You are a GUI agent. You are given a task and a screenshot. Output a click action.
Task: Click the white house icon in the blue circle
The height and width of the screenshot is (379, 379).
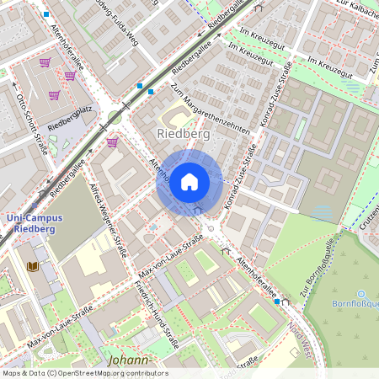[x=189, y=181]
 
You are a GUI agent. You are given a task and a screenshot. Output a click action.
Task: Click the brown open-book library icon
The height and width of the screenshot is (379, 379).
[x=33, y=266]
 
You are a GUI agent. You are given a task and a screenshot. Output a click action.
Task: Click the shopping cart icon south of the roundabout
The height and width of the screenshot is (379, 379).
[x=112, y=142]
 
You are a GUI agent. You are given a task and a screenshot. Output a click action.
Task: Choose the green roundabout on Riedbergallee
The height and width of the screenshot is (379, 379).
[x=115, y=117]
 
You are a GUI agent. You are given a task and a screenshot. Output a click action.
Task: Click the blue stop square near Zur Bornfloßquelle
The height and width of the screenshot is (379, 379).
[x=276, y=301]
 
